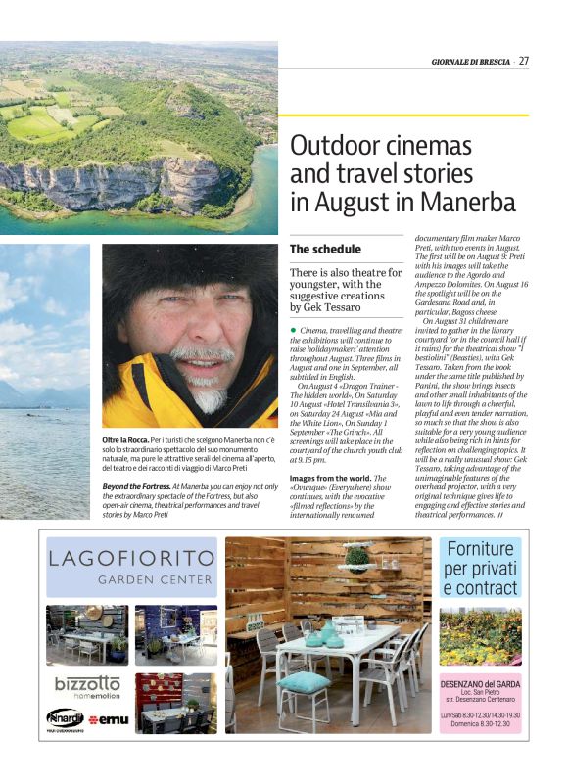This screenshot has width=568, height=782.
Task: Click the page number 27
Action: pos(524,60)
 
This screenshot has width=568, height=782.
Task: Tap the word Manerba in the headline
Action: pos(467,203)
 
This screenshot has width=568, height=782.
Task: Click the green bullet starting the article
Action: pos(293,331)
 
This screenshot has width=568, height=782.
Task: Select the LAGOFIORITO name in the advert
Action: pos(131,559)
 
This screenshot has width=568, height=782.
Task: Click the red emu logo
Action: pos(108,719)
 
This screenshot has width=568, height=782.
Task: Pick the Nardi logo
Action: pos(65,717)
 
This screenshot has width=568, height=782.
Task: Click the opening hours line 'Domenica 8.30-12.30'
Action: pos(480,724)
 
